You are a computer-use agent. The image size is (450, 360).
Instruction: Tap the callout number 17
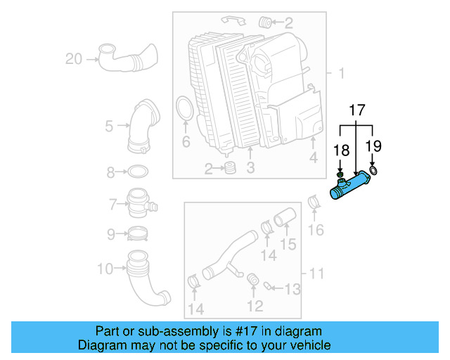coord(357,110)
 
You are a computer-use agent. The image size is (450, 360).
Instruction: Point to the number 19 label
coord(373,146)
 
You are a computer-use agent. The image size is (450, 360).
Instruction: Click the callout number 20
coord(73,60)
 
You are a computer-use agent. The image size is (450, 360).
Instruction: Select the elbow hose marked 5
coord(140,126)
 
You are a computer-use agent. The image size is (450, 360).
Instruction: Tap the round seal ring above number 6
coord(185,110)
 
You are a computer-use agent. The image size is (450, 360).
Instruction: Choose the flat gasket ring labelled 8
coord(139,171)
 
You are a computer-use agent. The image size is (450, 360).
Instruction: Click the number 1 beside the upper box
coord(341,73)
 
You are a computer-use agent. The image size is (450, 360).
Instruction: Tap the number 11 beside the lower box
coord(316,272)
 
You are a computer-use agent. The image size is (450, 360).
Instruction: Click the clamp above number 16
coord(316,204)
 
